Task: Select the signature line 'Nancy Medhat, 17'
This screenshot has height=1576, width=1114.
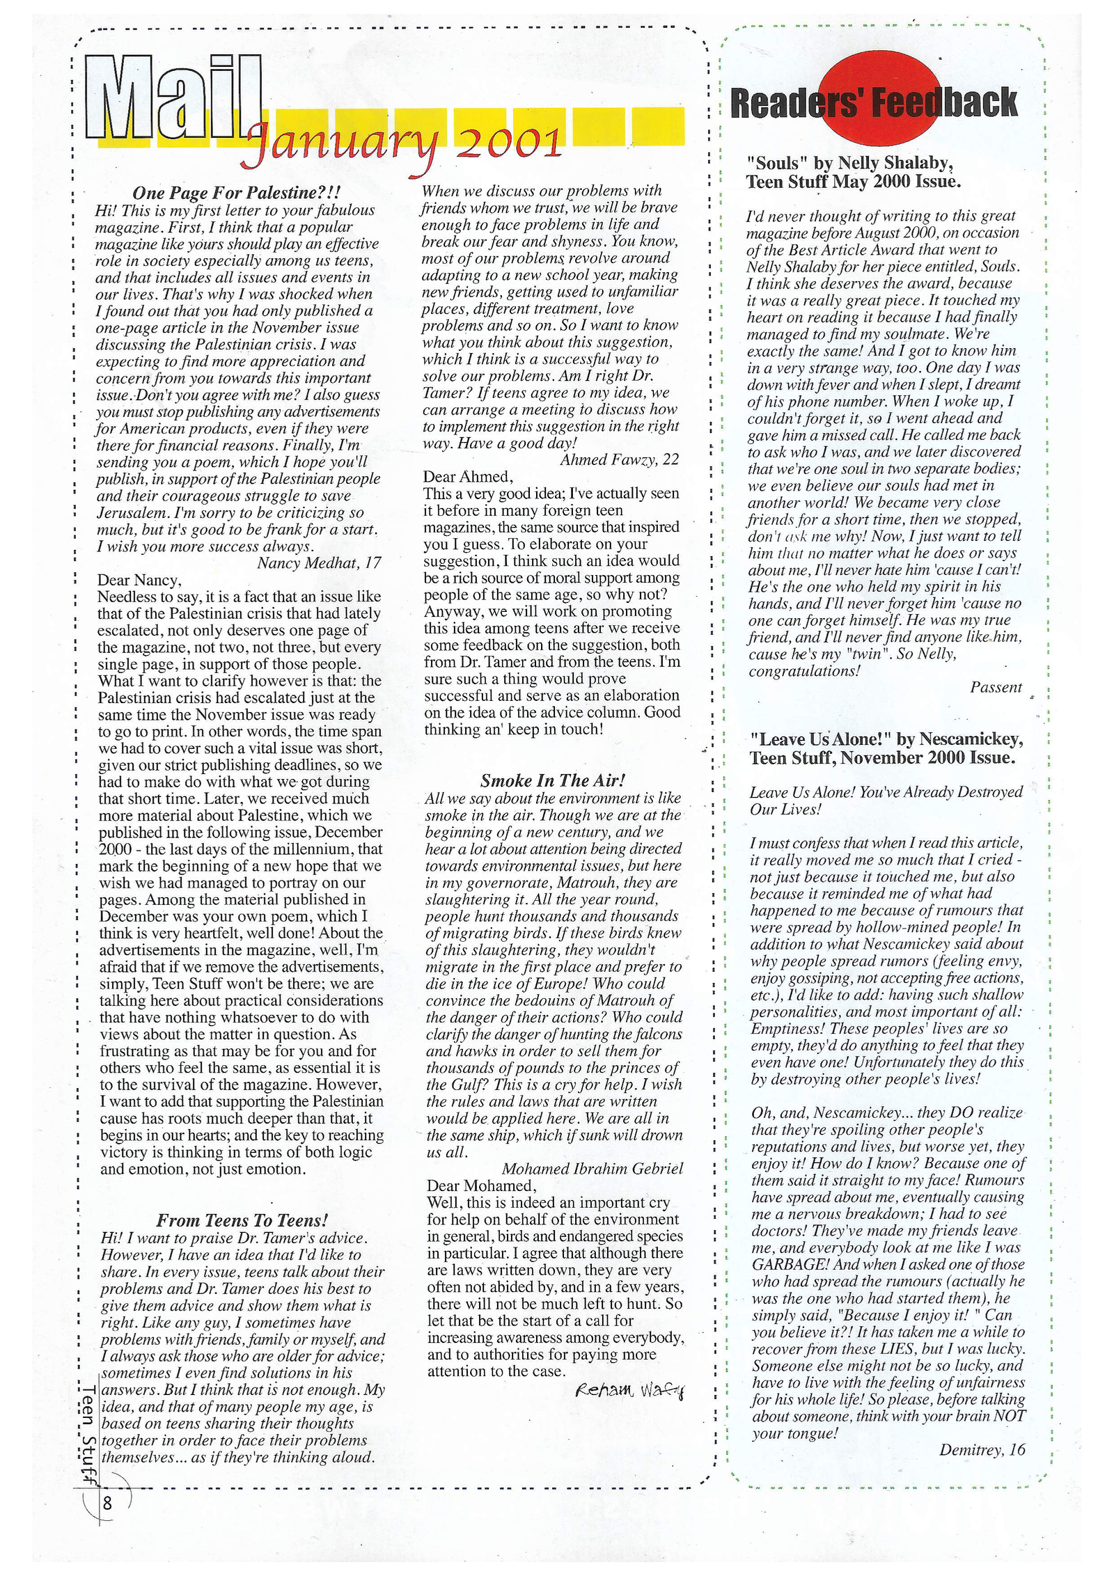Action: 319,562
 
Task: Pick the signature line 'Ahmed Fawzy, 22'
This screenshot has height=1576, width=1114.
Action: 619,459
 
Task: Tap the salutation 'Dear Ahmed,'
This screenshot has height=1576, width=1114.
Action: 468,476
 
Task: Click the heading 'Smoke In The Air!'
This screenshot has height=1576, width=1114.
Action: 553,780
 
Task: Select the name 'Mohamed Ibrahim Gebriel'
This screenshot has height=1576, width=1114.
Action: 592,1168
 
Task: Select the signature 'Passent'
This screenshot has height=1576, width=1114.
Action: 996,688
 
